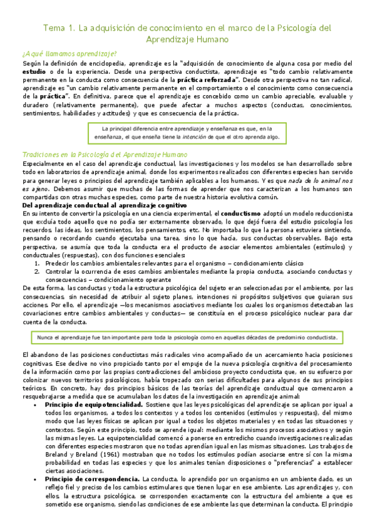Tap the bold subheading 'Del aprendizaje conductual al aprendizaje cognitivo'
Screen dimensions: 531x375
click(x=105, y=205)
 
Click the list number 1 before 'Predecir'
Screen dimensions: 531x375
click(x=38, y=264)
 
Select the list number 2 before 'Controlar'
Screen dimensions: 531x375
click(x=38, y=272)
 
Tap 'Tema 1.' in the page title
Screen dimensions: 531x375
click(x=57, y=28)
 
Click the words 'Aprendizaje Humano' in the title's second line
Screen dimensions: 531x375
click(x=187, y=39)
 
